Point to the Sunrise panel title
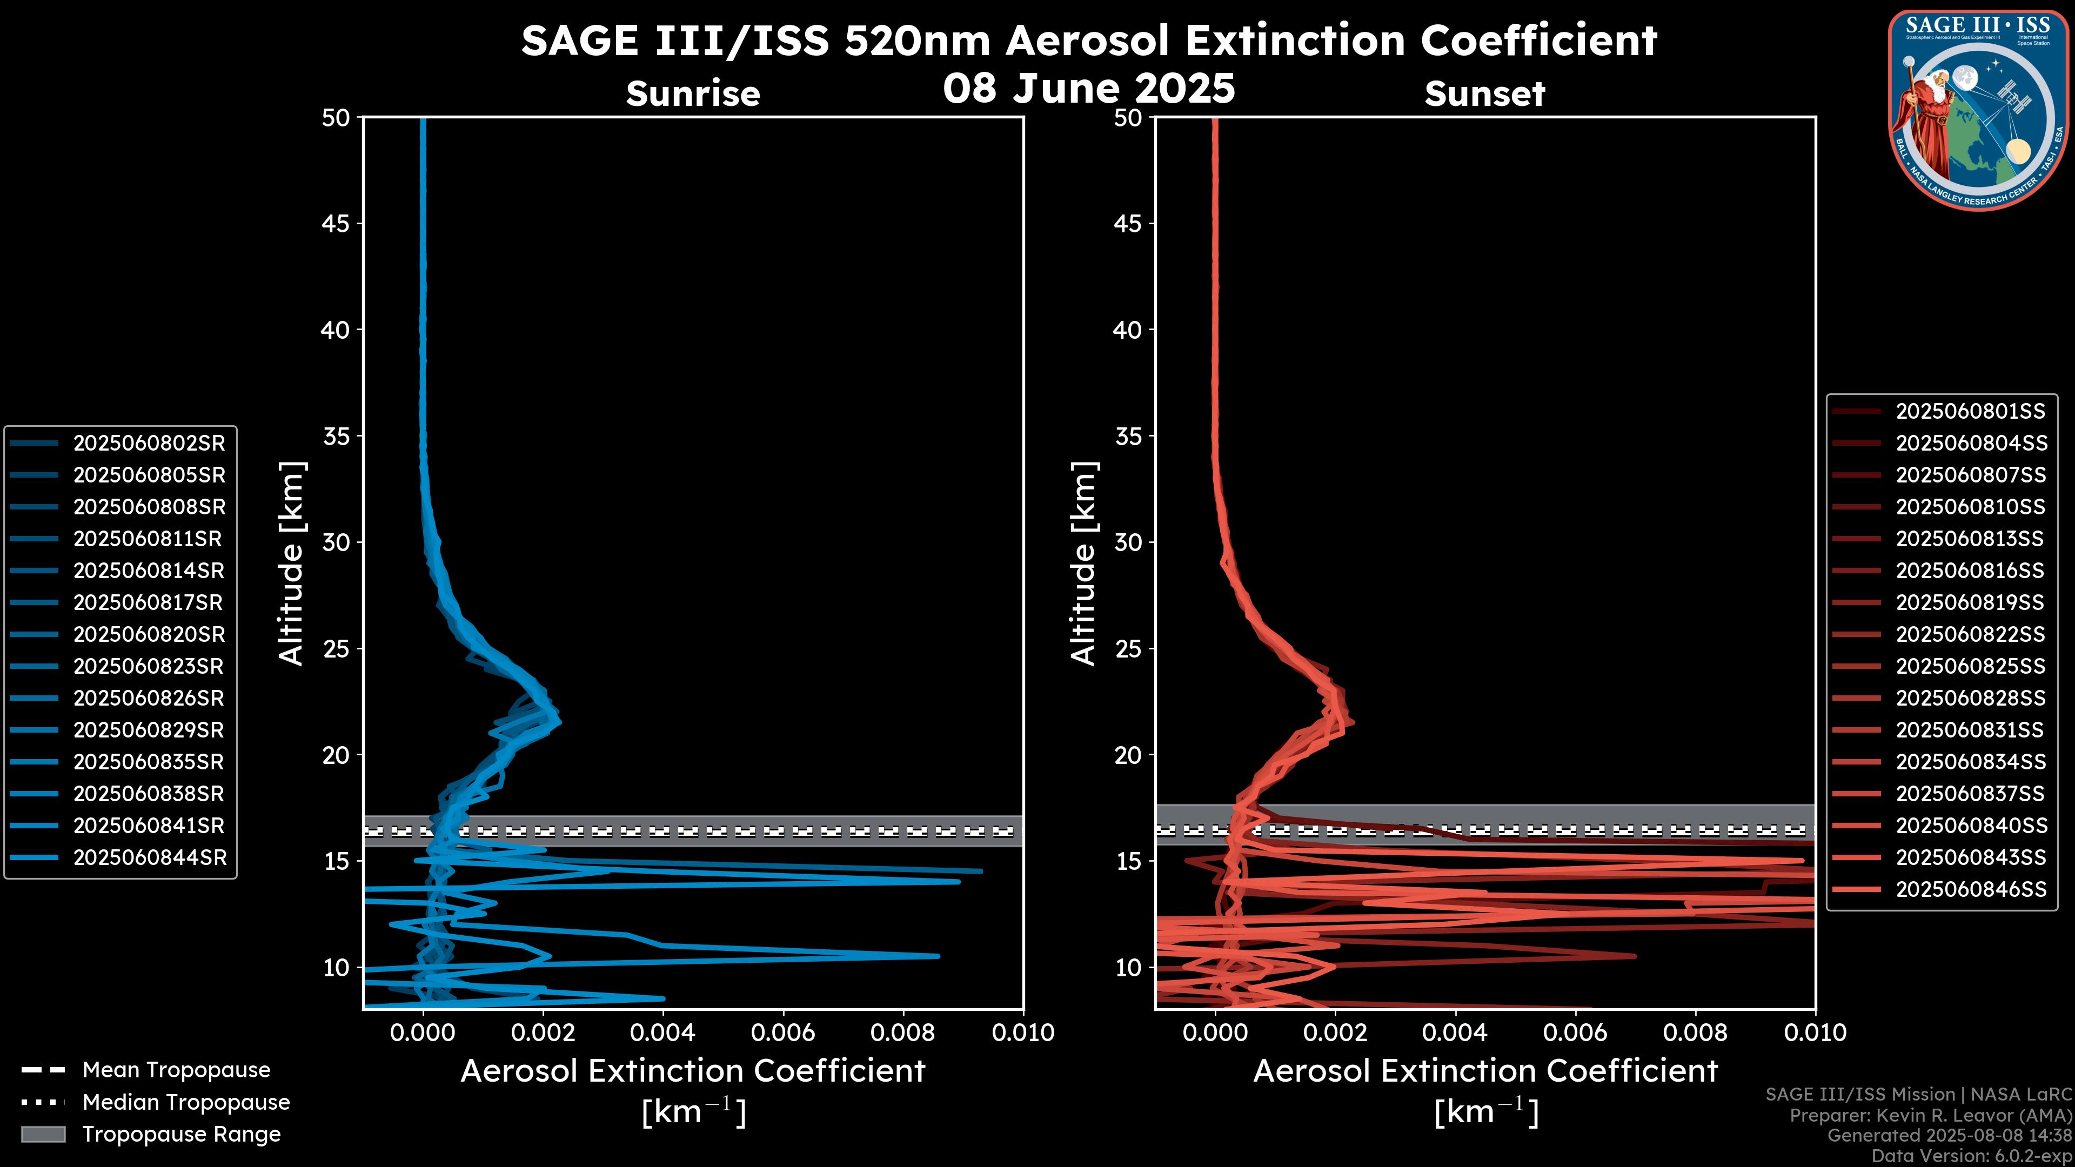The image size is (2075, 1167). click(693, 94)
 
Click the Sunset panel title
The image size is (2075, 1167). click(1484, 94)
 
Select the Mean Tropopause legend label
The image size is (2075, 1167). click(176, 1070)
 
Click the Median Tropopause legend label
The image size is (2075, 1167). click(186, 1102)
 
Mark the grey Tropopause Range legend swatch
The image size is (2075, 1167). click(43, 1134)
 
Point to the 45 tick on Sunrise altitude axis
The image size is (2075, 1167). click(336, 223)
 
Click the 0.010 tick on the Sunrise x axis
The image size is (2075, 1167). click(1023, 1032)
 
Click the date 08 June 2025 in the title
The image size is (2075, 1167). click(1088, 89)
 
